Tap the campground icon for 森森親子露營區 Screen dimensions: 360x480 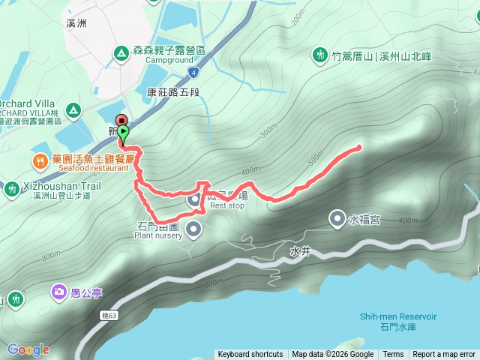click(120, 53)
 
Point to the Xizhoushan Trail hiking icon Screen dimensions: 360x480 click(11, 187)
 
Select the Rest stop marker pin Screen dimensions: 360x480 click(194, 199)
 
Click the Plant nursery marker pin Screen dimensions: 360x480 click(194, 229)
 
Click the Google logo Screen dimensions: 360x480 click(28, 349)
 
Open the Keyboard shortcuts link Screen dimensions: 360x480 click(250, 355)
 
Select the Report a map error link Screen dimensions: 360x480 click(444, 355)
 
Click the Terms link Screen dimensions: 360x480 click(393, 355)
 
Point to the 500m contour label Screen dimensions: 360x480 click(314, 160)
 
